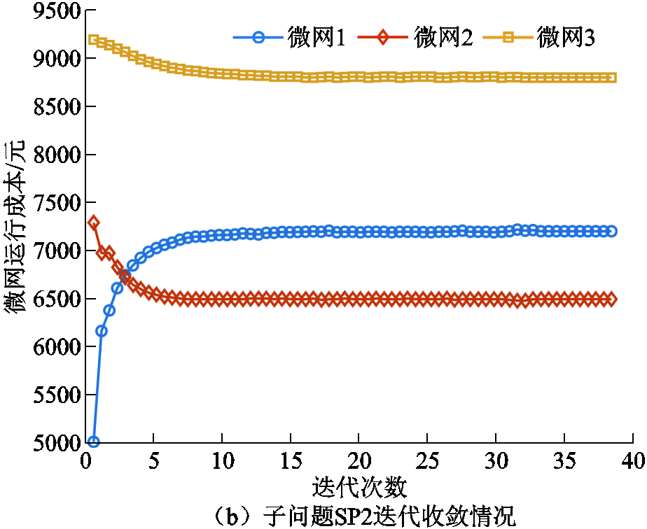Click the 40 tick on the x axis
click(632, 461)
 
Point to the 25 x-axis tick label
click(427, 461)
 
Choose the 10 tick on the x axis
click(222, 461)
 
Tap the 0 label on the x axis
click(85, 461)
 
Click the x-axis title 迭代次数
click(358, 485)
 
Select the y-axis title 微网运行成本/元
click(15, 227)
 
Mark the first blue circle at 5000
click(93, 442)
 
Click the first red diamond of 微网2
click(93, 223)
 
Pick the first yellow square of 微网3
click(93, 39)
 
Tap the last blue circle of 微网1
click(611, 231)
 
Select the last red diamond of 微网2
click(611, 299)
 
